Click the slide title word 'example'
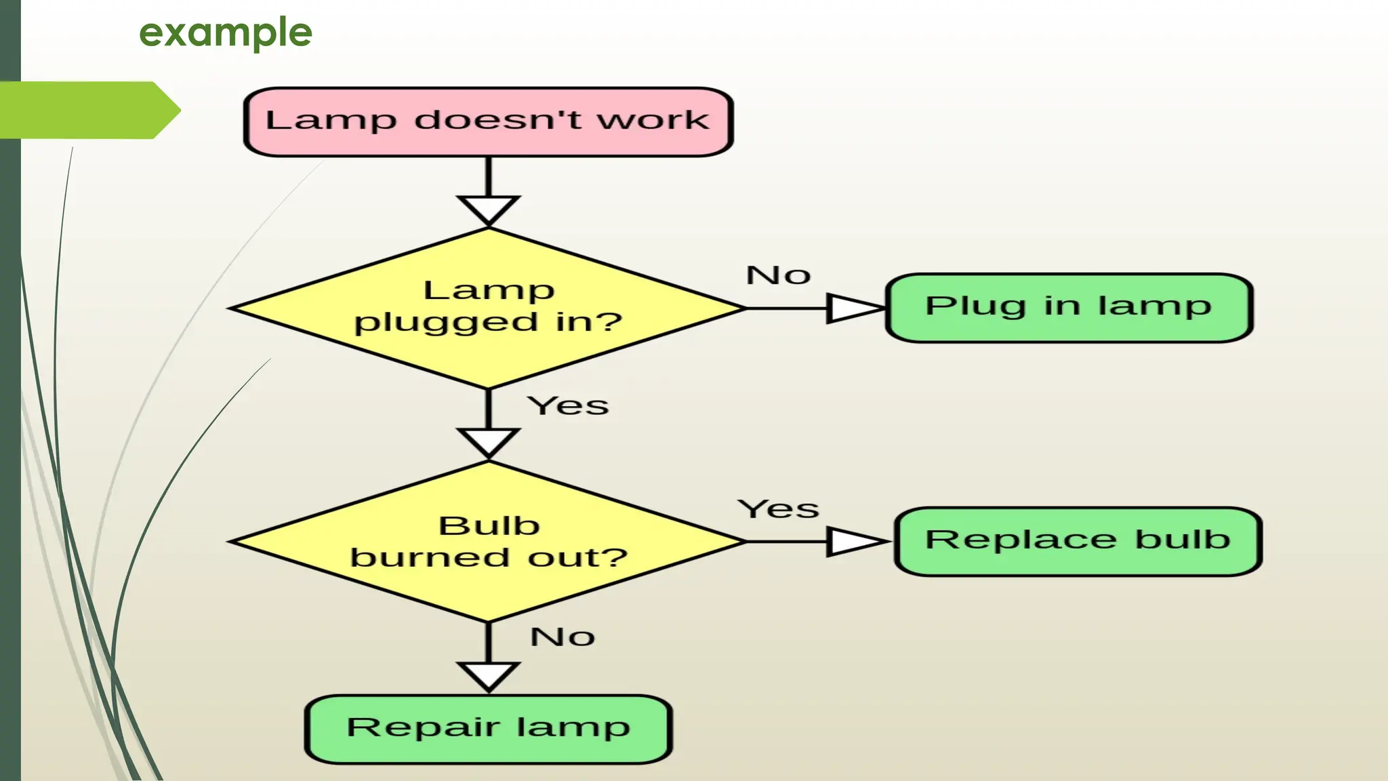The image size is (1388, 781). click(x=226, y=33)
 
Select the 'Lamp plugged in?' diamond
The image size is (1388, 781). click(x=488, y=308)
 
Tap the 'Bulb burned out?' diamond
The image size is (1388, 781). click(x=488, y=541)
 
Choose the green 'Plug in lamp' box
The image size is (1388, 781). click(x=1069, y=308)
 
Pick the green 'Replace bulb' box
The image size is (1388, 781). click(x=1078, y=541)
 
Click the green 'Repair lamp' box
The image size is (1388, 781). click(x=488, y=729)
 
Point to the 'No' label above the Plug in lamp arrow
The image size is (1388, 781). click(x=778, y=275)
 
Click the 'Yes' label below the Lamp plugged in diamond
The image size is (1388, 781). click(x=568, y=405)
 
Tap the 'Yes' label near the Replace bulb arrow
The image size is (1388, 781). click(x=778, y=508)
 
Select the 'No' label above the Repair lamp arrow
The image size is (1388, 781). click(x=563, y=637)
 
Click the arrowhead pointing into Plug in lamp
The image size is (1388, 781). click(x=853, y=308)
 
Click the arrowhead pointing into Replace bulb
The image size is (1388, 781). click(x=854, y=542)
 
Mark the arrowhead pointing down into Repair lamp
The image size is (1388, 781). click(x=489, y=675)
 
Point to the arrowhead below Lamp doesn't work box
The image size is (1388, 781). click(x=489, y=209)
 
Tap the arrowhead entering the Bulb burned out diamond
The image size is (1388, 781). click(x=489, y=441)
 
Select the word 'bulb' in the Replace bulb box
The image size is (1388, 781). click(x=1182, y=540)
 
